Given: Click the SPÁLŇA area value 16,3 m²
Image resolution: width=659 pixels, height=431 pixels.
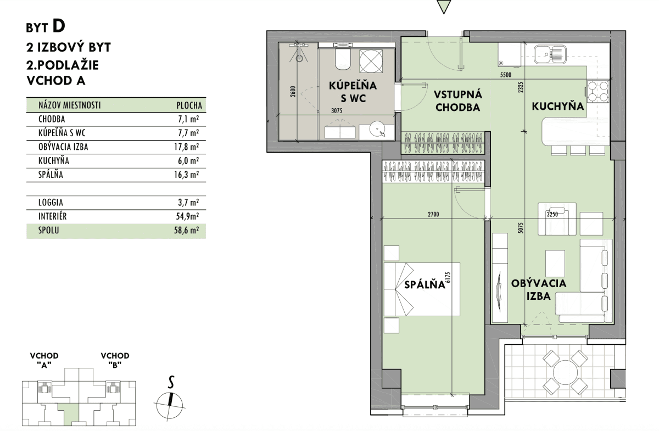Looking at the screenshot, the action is coord(186,175).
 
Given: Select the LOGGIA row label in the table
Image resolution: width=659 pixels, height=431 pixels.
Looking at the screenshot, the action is coord(51,203).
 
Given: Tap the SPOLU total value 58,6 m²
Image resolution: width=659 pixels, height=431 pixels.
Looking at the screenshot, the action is coord(186,230).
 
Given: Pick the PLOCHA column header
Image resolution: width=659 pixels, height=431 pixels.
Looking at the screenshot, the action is coord(189,105).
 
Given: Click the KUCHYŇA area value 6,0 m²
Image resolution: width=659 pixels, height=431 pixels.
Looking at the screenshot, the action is coord(188,161).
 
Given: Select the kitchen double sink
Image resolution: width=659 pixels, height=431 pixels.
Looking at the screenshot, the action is coord(550,54).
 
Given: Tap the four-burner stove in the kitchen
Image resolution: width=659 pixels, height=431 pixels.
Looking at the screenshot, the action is coord(598,92).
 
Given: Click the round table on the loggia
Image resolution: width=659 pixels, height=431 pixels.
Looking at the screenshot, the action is coord(565,372).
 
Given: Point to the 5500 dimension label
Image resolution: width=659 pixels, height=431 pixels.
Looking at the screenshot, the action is coord(506,75).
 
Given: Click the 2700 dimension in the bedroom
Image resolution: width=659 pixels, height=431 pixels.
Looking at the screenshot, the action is coord(433,215).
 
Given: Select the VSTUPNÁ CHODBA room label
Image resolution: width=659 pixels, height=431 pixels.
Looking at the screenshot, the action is coord(458,101).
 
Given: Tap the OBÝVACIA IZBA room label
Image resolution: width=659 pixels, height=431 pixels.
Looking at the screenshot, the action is coord(538,289).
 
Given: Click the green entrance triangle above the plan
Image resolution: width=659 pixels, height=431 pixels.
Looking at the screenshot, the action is coord(444,7).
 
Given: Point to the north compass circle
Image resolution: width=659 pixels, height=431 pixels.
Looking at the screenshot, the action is coord(170,405).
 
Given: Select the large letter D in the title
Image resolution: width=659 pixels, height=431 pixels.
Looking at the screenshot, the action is coord(59,26).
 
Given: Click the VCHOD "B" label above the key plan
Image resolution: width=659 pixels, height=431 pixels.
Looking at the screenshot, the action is coord(115,360).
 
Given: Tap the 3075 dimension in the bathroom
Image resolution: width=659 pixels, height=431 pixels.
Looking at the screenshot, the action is coord(337,111).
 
